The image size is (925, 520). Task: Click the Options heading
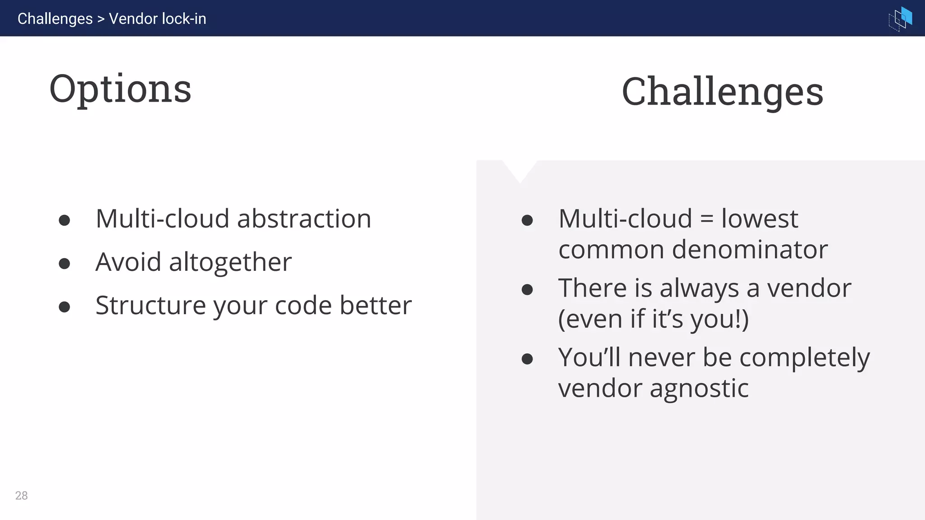pyautogui.click(x=120, y=89)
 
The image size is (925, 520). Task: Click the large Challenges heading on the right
pyautogui.click(x=722, y=92)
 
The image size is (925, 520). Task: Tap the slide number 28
pyautogui.click(x=21, y=496)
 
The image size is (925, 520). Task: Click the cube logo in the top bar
pyautogui.click(x=900, y=19)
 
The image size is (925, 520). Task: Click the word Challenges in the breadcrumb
pyautogui.click(x=55, y=19)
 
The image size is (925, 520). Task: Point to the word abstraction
pyautogui.click(x=304, y=219)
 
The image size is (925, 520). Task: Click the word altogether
pyautogui.click(x=230, y=262)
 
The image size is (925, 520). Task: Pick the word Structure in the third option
pyautogui.click(x=150, y=306)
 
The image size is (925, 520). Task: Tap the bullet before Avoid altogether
pyautogui.click(x=64, y=263)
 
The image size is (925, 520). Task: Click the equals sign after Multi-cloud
pyautogui.click(x=706, y=220)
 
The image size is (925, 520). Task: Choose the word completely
pyautogui.click(x=804, y=358)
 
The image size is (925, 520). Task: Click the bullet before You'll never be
pyautogui.click(x=527, y=359)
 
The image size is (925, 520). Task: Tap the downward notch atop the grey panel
pyautogui.click(x=520, y=171)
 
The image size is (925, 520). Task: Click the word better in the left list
pyautogui.click(x=375, y=306)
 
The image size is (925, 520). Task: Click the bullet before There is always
pyautogui.click(x=527, y=289)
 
